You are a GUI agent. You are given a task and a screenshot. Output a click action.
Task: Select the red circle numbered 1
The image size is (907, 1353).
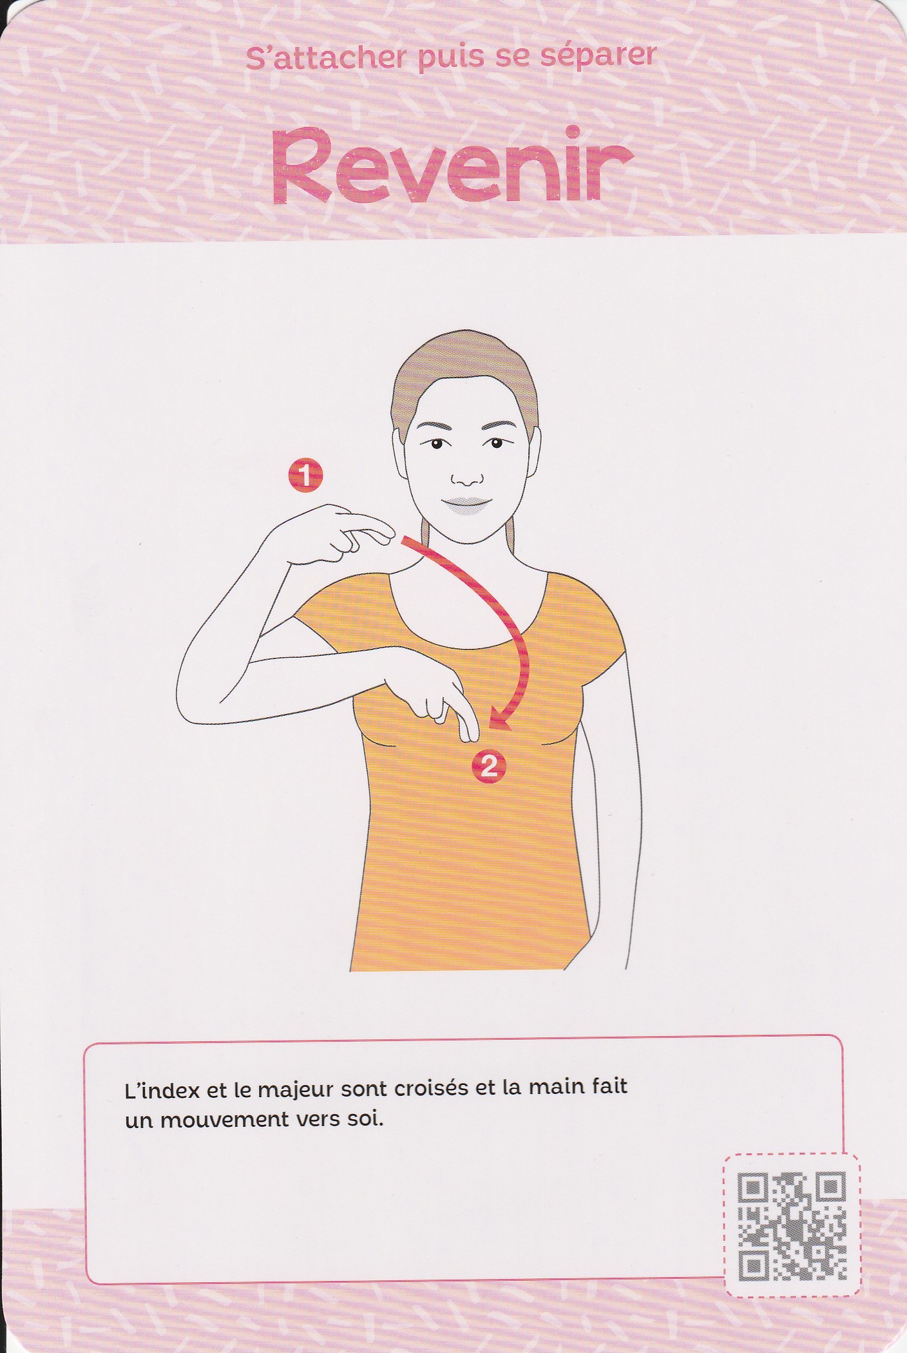pos(305,475)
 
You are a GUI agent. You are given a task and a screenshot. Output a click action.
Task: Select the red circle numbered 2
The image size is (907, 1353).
pos(488,767)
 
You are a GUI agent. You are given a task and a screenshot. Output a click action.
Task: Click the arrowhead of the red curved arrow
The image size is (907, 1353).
pos(499,719)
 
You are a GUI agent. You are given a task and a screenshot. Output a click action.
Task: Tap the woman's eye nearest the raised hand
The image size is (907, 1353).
pos(437,444)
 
